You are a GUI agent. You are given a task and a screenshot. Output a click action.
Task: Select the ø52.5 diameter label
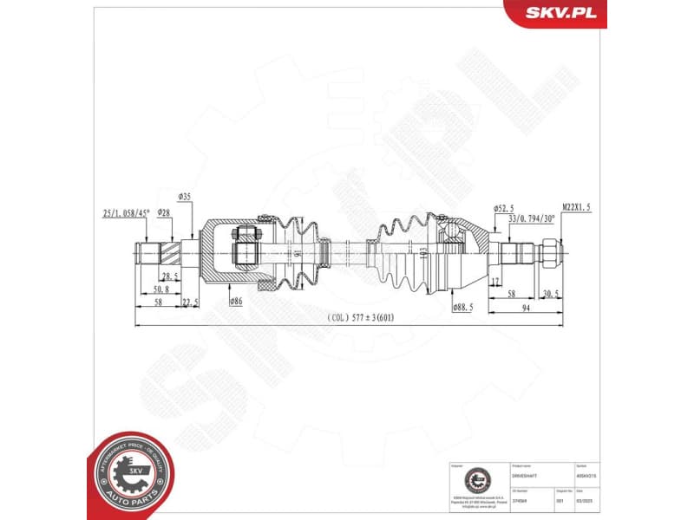point(505,208)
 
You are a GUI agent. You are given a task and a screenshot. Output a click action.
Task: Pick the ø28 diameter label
point(164,211)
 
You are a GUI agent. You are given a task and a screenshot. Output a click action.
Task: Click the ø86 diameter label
point(235,301)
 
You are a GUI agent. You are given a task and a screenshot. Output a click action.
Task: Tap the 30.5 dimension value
point(550,294)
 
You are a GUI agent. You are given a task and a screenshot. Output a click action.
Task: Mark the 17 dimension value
point(494,282)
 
